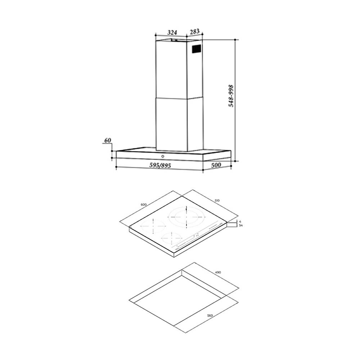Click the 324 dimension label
pos(172,33)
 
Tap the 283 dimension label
pos(195,31)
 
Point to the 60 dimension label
pos(108,140)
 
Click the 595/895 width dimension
pos(160,165)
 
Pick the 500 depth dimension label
pos(216,165)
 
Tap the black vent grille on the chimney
pos(196,49)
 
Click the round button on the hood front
pos(163,157)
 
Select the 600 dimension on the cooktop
pos(143,205)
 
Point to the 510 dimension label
pos(217,201)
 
